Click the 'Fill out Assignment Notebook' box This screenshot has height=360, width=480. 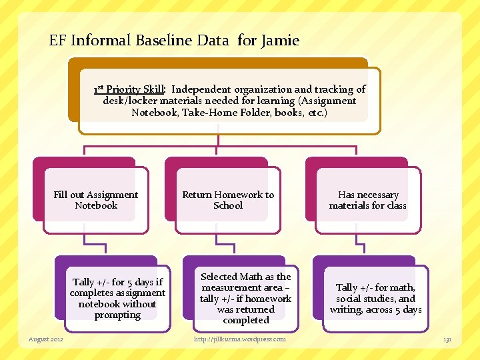pos(96,200)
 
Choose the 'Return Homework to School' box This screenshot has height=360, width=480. pos(228,200)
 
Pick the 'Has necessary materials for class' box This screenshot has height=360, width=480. pos(367,200)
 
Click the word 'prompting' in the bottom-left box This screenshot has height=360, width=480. pos(117,315)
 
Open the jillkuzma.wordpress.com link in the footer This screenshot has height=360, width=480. pos(240,339)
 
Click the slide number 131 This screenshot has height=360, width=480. pos(447,340)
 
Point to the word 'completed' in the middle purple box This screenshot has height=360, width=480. pos(246,320)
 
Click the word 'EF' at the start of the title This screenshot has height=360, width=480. pos(58,41)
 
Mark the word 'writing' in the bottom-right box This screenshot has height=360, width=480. pos(347,309)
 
